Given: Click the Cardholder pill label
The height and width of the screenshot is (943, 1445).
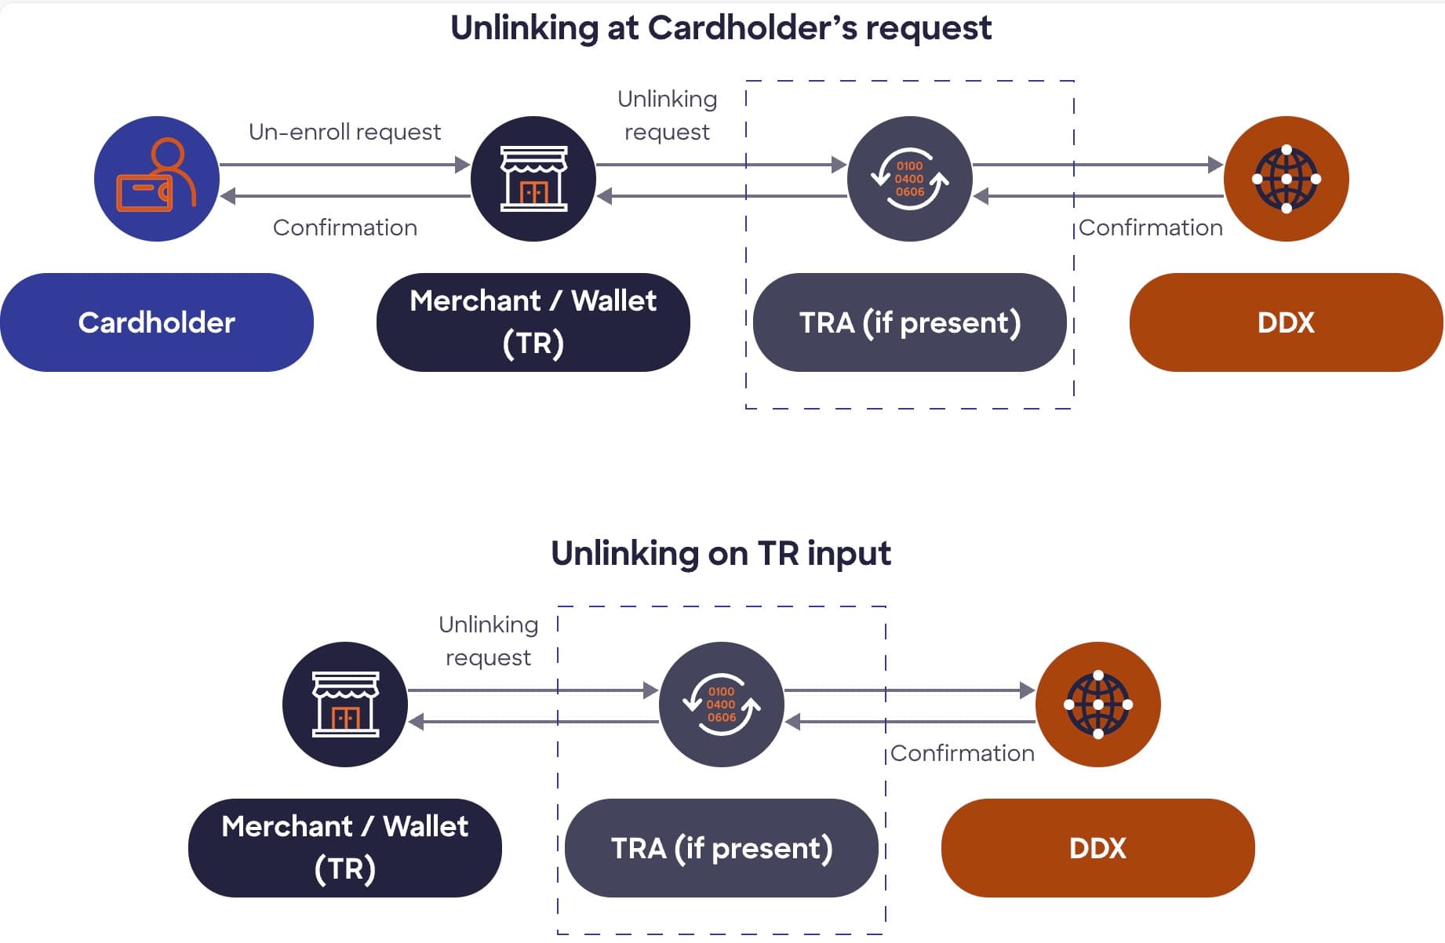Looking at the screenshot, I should pyautogui.click(x=156, y=322).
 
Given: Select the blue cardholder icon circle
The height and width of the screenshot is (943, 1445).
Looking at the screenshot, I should pyautogui.click(x=156, y=179).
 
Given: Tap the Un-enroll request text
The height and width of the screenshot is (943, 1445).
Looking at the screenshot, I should pyautogui.click(x=344, y=132).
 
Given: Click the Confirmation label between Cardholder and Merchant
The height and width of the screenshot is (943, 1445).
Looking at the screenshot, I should pyautogui.click(x=344, y=228).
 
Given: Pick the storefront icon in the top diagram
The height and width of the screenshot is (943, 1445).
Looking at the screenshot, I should pyautogui.click(x=533, y=179).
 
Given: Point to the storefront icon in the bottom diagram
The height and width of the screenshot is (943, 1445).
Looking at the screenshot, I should pyautogui.click(x=345, y=705).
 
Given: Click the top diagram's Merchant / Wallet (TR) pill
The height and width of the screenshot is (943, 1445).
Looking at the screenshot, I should pyautogui.click(x=533, y=322).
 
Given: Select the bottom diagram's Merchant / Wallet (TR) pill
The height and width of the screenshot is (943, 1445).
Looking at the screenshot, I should pyautogui.click(x=345, y=848).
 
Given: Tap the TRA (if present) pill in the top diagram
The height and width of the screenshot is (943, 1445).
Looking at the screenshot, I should pyautogui.click(x=910, y=322).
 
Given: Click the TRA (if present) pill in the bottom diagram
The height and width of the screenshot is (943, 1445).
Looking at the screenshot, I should pyautogui.click(x=722, y=848).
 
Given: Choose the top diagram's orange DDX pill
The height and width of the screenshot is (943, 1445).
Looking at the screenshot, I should pyautogui.click(x=1286, y=322).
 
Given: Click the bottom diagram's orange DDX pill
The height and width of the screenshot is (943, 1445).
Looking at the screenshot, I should pyautogui.click(x=1097, y=848).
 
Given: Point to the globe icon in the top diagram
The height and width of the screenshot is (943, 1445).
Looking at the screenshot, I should pyautogui.click(x=1287, y=179).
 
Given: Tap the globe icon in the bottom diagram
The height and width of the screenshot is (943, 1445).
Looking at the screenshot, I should pyautogui.click(x=1098, y=705).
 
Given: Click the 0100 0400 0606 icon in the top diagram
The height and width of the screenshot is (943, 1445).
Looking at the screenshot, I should pyautogui.click(x=910, y=179).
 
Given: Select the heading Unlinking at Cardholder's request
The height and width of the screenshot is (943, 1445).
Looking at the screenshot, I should pyautogui.click(x=721, y=28).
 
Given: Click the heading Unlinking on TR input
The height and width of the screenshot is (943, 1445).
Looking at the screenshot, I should pyautogui.click(x=721, y=554).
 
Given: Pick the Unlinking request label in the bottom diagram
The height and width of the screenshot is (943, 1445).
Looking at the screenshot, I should pyautogui.click(x=488, y=641).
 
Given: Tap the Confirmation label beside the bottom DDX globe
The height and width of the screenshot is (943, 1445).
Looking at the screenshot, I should pyautogui.click(x=963, y=753).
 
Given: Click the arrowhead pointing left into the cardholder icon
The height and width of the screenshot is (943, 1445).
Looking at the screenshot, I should pyautogui.click(x=228, y=196).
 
